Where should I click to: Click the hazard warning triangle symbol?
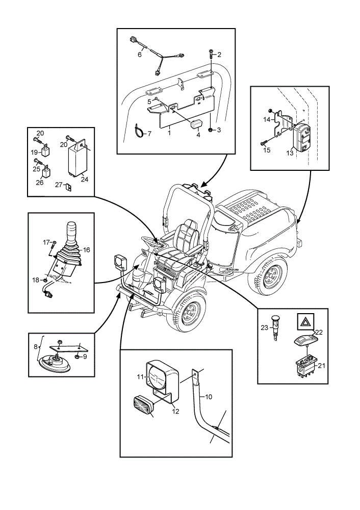[305, 322]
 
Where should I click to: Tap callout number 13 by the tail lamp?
[290, 153]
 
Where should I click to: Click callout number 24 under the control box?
[85, 179]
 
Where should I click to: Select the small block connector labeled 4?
[196, 124]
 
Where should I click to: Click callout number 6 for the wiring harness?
[140, 55]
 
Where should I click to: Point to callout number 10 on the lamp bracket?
[209, 397]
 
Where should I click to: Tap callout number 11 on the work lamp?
[140, 377]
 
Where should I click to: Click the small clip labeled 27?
[69, 187]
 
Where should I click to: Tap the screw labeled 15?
[264, 142]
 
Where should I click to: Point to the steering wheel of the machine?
[151, 241]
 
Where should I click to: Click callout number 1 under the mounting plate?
[169, 133]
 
